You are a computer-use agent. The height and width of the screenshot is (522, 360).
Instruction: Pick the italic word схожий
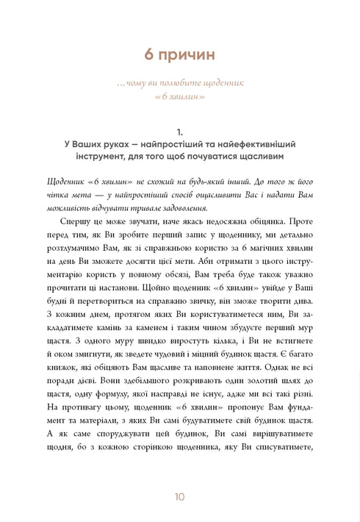(x=143, y=183)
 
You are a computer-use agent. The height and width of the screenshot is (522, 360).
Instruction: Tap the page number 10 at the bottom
(x=180, y=497)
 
